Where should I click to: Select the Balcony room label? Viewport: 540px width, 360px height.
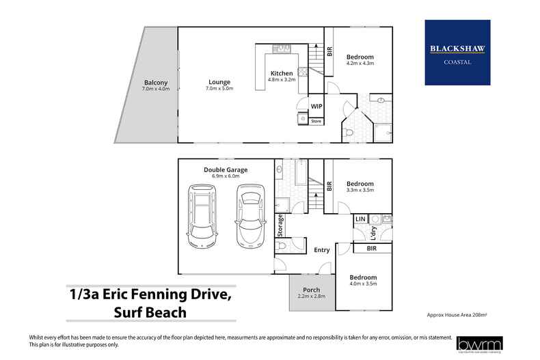(x=155, y=83)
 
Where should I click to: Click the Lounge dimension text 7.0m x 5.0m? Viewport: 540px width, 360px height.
(x=220, y=89)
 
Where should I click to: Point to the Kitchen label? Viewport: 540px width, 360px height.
(x=282, y=73)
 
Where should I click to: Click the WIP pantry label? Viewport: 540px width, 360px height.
(x=316, y=107)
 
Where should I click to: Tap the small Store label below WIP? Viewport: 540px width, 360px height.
(x=316, y=121)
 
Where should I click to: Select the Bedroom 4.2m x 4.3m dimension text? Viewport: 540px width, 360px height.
(x=360, y=63)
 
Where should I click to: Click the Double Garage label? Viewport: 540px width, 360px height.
(x=226, y=169)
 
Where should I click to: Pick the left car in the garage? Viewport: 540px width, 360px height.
(x=202, y=218)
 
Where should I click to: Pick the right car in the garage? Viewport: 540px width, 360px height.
(x=249, y=218)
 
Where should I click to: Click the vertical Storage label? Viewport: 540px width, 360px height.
(x=280, y=224)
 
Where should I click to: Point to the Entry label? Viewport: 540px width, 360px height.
(x=321, y=250)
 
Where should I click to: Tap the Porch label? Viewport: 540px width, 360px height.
(x=311, y=290)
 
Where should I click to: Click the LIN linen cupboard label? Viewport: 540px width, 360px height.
(x=360, y=219)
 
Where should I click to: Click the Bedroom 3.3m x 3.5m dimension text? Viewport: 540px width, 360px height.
(x=360, y=191)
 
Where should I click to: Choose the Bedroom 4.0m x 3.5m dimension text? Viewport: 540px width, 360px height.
(x=363, y=283)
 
